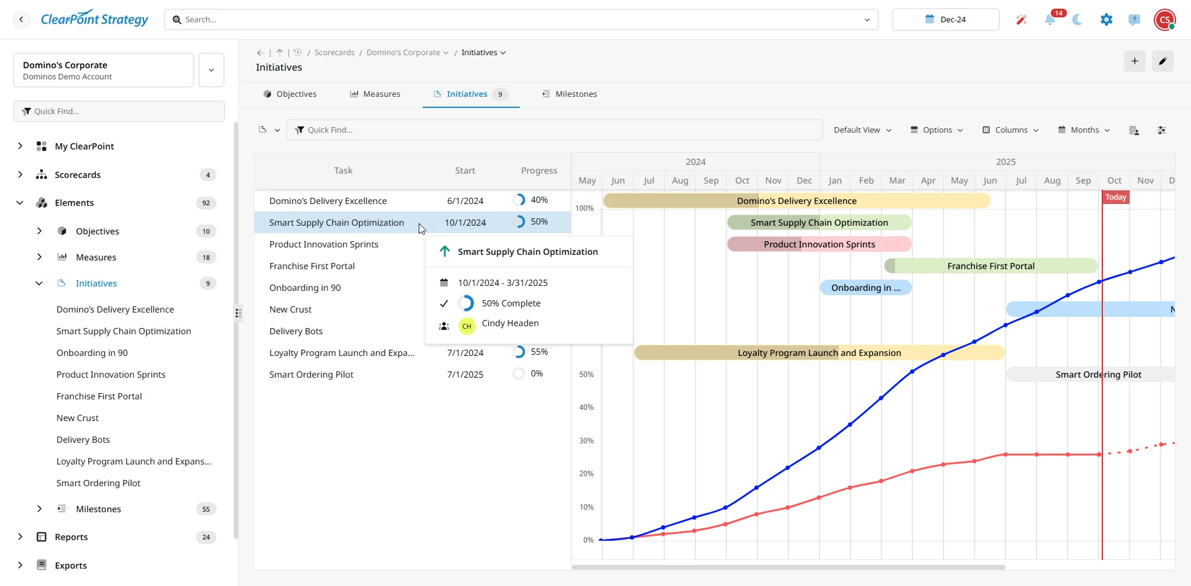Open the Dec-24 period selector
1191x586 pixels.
(x=945, y=19)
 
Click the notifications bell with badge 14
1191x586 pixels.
(x=1050, y=19)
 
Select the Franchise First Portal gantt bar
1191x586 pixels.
(x=991, y=266)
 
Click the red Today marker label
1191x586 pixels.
(x=1115, y=197)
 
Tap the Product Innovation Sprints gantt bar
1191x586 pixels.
(x=819, y=244)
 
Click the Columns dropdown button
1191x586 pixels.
(x=1010, y=130)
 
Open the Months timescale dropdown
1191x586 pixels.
(x=1084, y=130)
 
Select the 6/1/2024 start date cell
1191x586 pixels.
(x=465, y=201)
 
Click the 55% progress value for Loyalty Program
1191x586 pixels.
(x=539, y=352)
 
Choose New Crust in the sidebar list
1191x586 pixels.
(x=78, y=418)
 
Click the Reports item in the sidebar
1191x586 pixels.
(x=71, y=537)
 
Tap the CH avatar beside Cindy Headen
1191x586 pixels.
(x=466, y=326)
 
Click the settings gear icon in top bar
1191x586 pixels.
(x=1106, y=19)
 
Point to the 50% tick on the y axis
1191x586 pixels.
(x=586, y=375)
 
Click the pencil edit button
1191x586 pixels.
(x=1162, y=61)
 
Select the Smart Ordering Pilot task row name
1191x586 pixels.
(x=311, y=375)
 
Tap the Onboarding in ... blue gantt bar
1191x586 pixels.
(x=865, y=288)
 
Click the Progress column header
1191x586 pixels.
(x=539, y=171)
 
